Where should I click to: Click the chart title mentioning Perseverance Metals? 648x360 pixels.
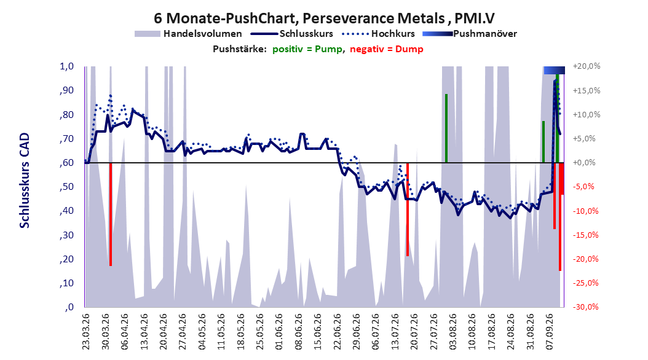(324, 18)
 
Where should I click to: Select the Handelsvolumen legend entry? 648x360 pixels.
(188, 34)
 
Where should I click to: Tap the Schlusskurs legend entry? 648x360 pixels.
(292, 34)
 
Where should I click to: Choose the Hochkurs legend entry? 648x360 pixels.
(378, 34)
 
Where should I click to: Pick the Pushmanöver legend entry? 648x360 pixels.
(470, 34)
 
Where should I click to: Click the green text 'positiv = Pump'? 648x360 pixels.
(307, 49)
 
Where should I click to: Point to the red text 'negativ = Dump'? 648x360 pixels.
(387, 49)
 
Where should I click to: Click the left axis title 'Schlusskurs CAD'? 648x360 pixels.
(25, 181)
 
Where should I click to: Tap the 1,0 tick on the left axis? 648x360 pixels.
(66, 66)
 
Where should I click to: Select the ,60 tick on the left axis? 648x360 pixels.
(66, 163)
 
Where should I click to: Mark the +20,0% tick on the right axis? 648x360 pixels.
(587, 66)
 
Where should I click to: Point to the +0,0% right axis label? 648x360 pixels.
(584, 163)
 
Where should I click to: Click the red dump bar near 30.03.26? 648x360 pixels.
(111, 214)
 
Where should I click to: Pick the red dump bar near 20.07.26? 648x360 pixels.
(408, 209)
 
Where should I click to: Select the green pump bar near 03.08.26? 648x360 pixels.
(446, 128)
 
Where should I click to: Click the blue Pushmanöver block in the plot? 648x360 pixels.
(554, 70)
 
